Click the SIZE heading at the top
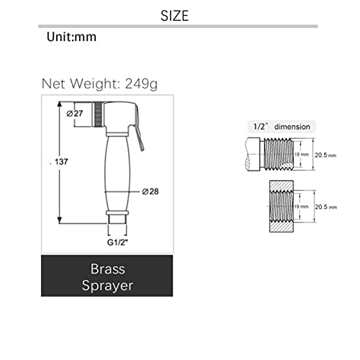coord(175,16)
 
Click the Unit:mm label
coord(71,37)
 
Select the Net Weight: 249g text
coord(99,84)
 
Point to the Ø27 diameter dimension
coord(75,113)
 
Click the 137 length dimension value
coord(61,162)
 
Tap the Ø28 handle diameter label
coord(150,192)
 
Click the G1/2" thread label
coord(117,243)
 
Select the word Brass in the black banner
coord(107,269)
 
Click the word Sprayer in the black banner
coord(107,286)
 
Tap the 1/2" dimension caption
coord(282,127)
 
